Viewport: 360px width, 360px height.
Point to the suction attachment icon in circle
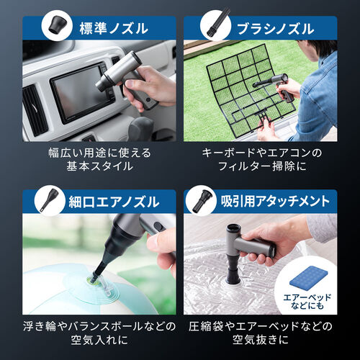tap(202, 201)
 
